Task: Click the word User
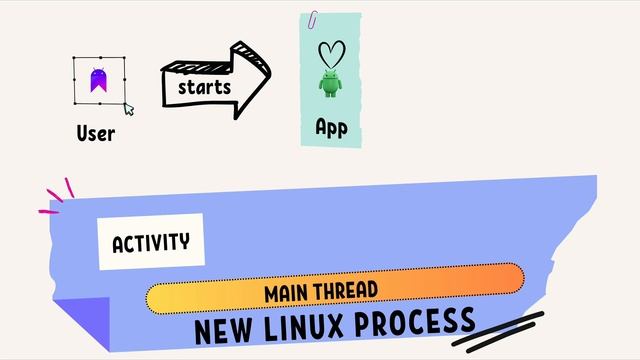tap(95, 133)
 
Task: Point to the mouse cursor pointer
tap(128, 109)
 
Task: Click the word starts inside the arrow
tap(204, 87)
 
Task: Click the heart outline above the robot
tap(330, 53)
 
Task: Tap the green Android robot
tap(330, 84)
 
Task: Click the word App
tap(331, 127)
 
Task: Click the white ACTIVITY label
tap(151, 242)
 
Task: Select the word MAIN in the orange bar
tap(288, 292)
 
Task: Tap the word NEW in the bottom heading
tap(222, 331)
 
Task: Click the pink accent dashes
tap(58, 197)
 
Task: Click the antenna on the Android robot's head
tap(330, 72)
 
